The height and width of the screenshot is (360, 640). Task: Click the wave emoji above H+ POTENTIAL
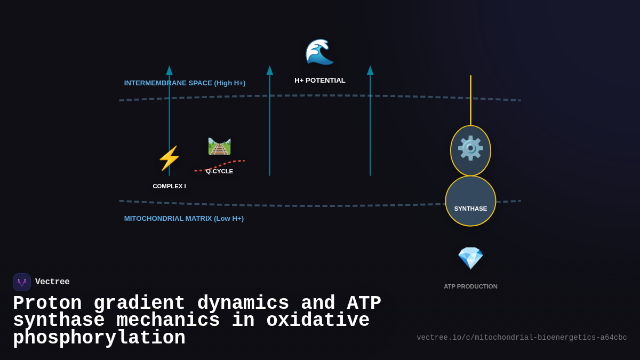point(319,52)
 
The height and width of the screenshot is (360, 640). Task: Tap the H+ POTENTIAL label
point(320,81)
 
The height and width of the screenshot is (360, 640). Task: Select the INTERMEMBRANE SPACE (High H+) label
point(185,83)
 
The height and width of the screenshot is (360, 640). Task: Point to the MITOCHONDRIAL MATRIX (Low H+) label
point(184,219)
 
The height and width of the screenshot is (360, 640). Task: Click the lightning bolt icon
point(169,158)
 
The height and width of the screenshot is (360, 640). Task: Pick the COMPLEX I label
point(169,186)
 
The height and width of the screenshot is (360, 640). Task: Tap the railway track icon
point(219,146)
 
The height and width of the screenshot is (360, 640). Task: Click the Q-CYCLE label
point(220,171)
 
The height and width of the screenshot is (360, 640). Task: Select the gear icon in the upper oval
point(470,148)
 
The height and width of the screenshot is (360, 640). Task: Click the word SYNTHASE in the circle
point(470,209)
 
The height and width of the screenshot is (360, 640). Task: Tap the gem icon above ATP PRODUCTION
point(470,258)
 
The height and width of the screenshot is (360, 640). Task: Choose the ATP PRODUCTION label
point(470,286)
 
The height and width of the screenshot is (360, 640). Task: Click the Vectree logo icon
point(22,282)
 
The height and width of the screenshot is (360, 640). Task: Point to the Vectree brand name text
point(52,282)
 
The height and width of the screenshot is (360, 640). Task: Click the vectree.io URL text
point(522,338)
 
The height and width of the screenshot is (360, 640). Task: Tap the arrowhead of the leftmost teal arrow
point(169,70)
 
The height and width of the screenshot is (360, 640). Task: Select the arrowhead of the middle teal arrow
point(270,70)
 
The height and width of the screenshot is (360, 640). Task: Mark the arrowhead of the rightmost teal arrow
point(370,70)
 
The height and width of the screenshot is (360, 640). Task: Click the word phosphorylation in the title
point(99,338)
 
